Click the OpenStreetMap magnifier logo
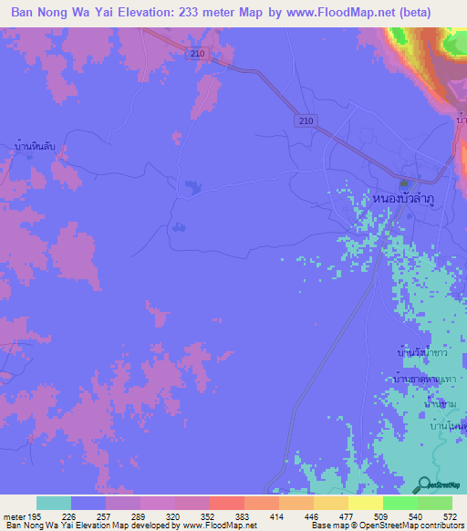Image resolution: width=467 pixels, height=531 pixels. point(424,485)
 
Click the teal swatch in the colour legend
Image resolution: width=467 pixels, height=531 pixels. point(54,503)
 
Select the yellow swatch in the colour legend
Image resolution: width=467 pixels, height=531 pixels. point(365,503)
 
